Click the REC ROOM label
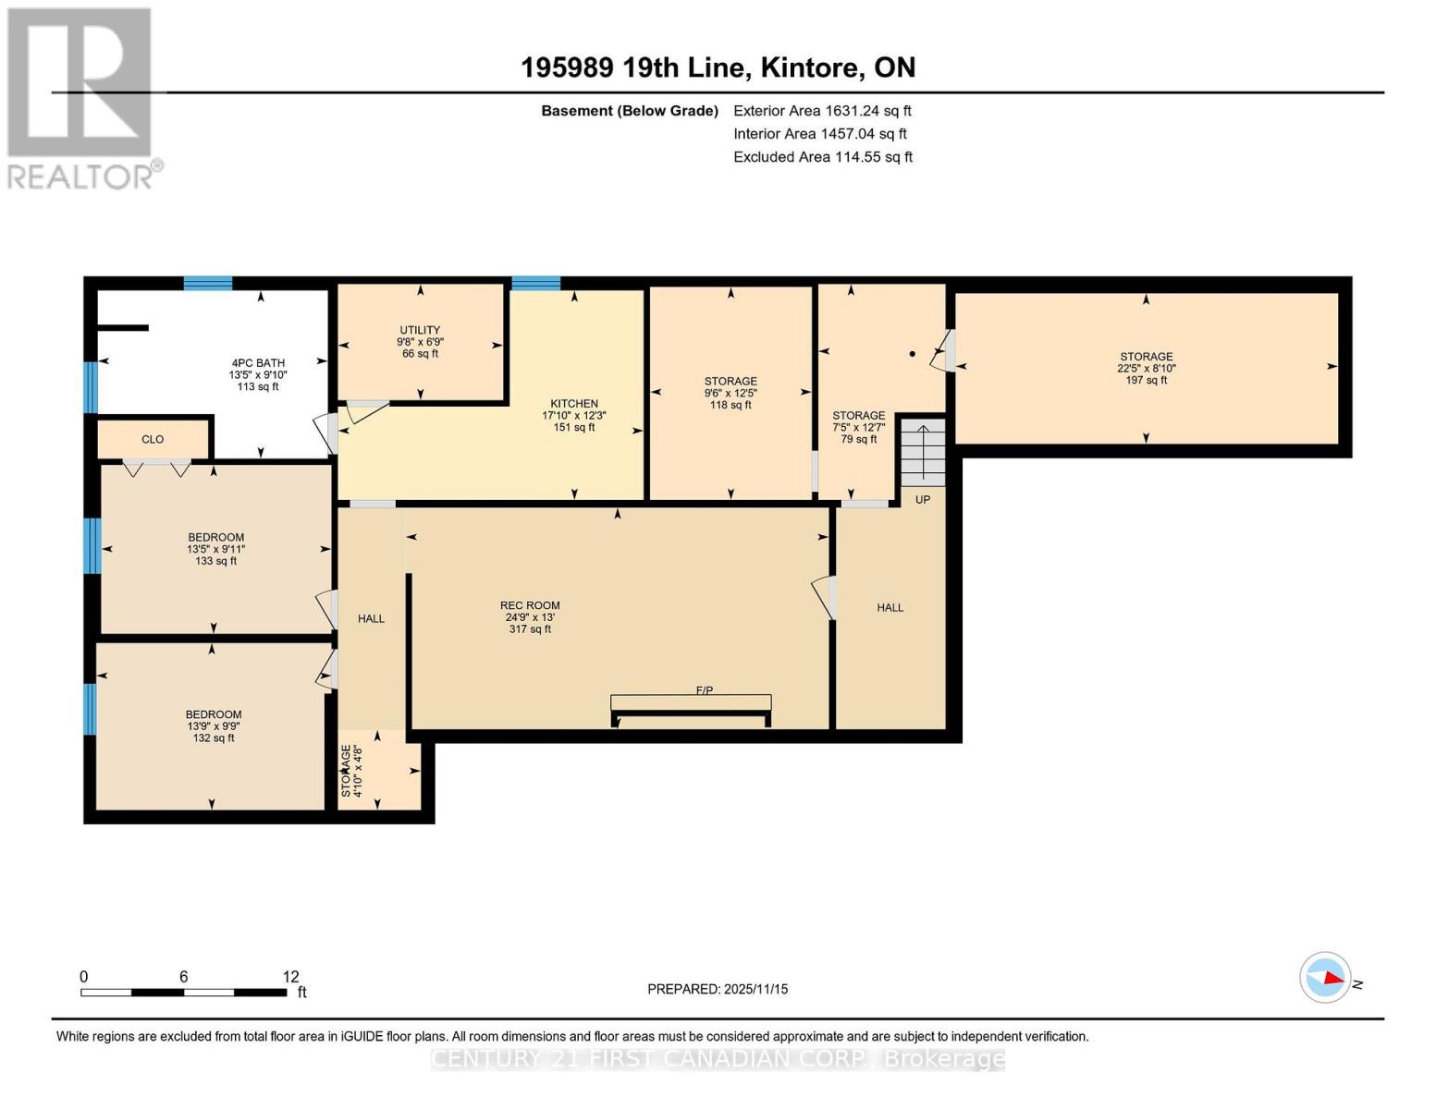[530, 606]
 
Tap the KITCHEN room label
[574, 404]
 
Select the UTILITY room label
[420, 330]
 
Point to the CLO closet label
[153, 440]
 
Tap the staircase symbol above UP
[923, 452]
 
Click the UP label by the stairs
[923, 500]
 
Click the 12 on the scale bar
[291, 977]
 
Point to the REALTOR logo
[81, 98]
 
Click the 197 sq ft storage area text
[1147, 380]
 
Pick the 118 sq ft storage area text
[730, 405]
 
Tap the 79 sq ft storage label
[859, 439]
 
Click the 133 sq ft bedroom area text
[216, 561]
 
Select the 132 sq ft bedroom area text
[214, 738]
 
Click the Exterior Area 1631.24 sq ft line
[822, 111]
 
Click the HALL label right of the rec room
[890, 608]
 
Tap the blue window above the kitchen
[536, 284]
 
